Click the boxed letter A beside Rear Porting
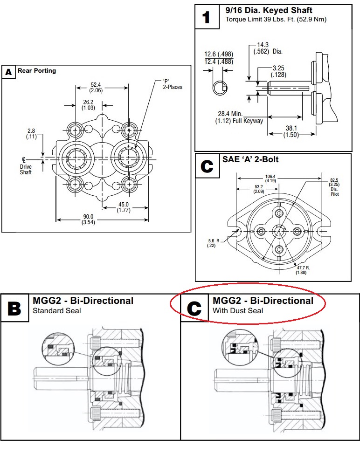[x=8, y=72]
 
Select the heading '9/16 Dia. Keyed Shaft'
[x=269, y=10]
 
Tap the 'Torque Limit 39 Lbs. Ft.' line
[x=276, y=20]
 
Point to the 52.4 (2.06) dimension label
[x=96, y=87]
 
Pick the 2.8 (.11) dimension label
[x=31, y=134]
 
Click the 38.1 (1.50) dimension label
[x=293, y=130]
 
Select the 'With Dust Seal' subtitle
[x=238, y=310]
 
